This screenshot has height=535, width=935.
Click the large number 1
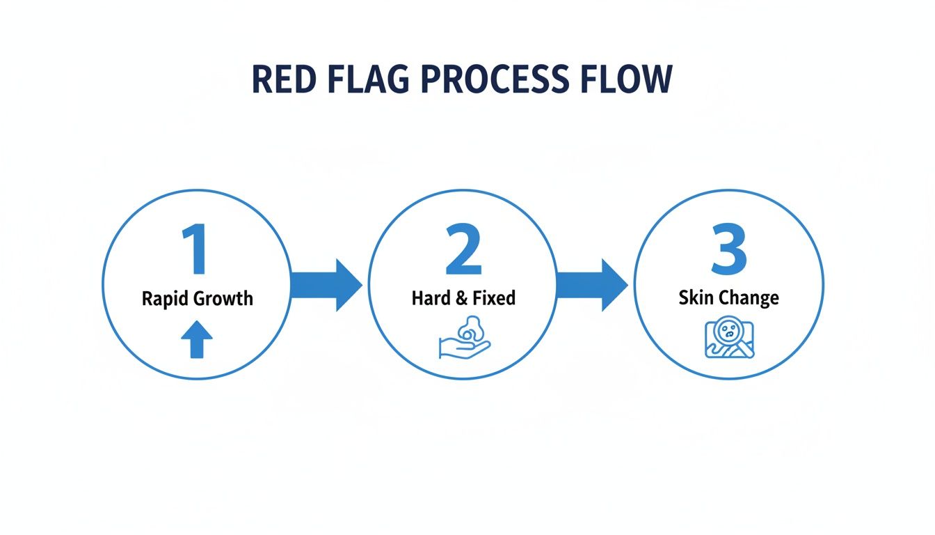tap(194, 249)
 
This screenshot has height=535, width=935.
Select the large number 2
tap(463, 249)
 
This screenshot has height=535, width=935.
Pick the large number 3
tap(728, 249)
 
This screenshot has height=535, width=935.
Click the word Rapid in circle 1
tap(165, 300)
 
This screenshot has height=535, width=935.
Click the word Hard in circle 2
tap(430, 299)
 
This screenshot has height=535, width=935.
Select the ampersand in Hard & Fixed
tap(461, 299)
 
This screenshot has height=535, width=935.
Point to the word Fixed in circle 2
tap(494, 299)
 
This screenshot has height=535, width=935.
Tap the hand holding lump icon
tap(464, 339)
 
